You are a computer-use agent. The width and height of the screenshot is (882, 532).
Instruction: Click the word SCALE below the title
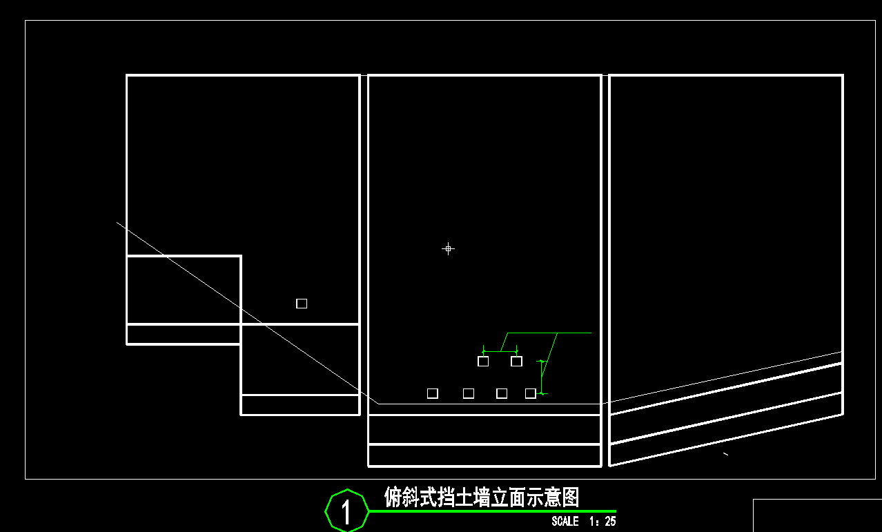click(x=565, y=522)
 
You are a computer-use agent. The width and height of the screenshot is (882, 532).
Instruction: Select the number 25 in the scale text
click(x=610, y=522)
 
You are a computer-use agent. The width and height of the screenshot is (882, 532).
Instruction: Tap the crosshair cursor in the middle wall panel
click(x=448, y=248)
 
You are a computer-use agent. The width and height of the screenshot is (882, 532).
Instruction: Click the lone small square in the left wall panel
click(x=302, y=304)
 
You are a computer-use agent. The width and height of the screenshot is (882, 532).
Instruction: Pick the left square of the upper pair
click(x=483, y=361)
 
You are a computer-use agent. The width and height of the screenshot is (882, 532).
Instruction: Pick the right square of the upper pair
click(x=516, y=361)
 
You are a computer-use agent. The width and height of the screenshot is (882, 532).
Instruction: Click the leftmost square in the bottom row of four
click(x=433, y=393)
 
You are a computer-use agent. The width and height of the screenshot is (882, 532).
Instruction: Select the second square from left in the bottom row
click(x=469, y=393)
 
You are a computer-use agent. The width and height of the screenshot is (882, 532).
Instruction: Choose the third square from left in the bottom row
click(x=502, y=393)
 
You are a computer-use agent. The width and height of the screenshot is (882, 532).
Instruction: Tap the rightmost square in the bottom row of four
click(x=531, y=393)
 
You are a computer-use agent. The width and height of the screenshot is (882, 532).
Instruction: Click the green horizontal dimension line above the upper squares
click(x=500, y=352)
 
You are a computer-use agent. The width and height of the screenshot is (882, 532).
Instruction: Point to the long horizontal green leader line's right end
click(x=590, y=333)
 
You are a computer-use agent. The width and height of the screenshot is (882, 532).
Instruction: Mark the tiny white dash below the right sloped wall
click(x=725, y=454)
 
